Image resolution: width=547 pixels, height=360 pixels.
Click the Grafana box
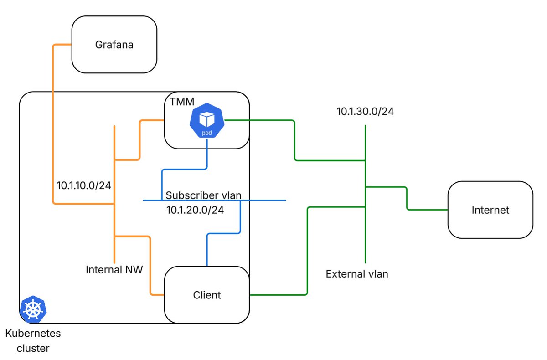point(114,44)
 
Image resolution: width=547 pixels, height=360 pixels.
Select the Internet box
point(490,210)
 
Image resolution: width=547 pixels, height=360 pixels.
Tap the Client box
point(207,295)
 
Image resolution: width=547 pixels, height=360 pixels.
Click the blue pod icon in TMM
point(207,120)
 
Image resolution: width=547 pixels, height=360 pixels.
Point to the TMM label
point(182,102)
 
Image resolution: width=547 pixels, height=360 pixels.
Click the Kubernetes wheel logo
point(33,309)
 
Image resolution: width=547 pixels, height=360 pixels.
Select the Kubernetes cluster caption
point(33,341)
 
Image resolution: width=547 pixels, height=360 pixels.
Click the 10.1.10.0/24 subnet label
point(84,185)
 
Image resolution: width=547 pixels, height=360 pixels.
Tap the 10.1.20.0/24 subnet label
point(195,210)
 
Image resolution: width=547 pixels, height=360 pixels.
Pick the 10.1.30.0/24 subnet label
point(365,112)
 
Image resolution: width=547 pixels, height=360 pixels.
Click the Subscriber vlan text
point(203,195)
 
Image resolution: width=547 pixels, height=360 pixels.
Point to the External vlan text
point(357,274)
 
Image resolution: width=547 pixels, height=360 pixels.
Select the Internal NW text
point(114,270)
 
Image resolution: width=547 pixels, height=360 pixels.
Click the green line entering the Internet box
point(407,198)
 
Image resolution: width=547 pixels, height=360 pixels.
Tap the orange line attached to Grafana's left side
point(53,124)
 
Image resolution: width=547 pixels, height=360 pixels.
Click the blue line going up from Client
point(223,234)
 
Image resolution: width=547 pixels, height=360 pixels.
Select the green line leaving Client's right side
point(307,252)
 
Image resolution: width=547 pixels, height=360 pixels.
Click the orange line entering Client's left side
point(150,266)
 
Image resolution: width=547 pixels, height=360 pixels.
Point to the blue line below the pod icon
point(185,169)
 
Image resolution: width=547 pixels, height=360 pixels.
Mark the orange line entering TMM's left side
point(139,140)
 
